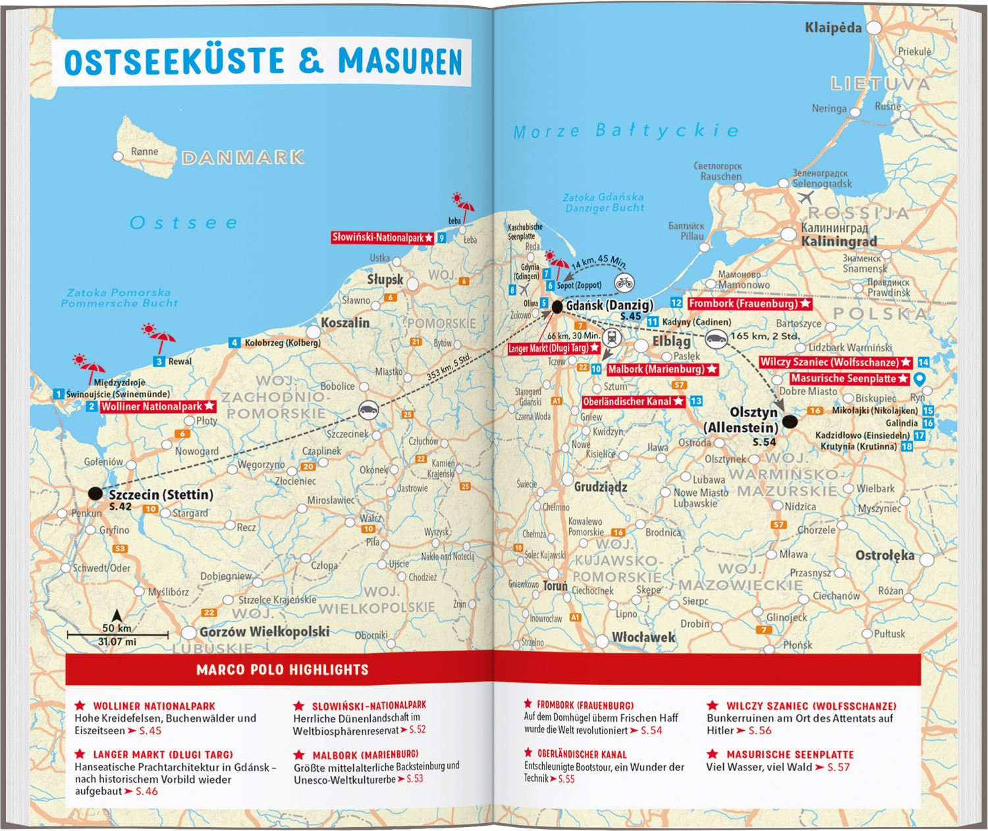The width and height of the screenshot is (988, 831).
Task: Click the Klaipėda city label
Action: [x=833, y=28]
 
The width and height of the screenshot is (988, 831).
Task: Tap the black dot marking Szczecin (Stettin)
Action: [x=96, y=493]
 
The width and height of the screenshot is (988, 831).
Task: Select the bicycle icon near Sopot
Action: [x=624, y=283]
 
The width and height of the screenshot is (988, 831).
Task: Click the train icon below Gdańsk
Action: [x=612, y=338]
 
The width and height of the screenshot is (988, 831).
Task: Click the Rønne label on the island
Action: [x=144, y=151]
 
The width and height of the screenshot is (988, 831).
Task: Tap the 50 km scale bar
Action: [x=117, y=635]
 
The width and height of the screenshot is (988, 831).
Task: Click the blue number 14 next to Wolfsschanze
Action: [x=923, y=362]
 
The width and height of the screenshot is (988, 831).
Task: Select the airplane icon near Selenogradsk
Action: [x=805, y=198]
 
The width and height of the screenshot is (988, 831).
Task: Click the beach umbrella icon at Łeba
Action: [x=462, y=205]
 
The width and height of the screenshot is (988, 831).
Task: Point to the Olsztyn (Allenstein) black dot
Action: [x=790, y=421]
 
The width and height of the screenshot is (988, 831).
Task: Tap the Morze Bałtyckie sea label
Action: [x=626, y=131]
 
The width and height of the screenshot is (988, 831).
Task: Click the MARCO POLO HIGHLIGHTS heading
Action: [x=282, y=670]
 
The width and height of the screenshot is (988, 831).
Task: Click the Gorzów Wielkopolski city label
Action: [x=264, y=631]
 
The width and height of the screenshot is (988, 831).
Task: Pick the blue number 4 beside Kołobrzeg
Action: [x=234, y=342]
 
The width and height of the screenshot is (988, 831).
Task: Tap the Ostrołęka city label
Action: [x=885, y=556]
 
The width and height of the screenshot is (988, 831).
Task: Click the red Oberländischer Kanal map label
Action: [x=633, y=401]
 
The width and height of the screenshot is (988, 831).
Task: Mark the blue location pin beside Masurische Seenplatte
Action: [x=920, y=379]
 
